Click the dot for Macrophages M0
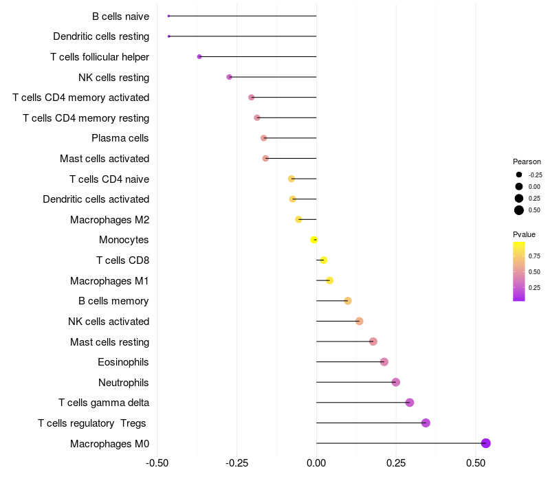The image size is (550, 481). (x=486, y=443)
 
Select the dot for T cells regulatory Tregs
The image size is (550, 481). (x=426, y=423)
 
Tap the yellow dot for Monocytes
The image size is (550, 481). (x=314, y=240)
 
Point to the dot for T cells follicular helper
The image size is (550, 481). (x=199, y=56)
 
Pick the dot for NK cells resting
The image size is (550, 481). (x=230, y=77)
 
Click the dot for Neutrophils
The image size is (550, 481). (x=395, y=382)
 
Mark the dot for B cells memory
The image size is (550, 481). (x=348, y=301)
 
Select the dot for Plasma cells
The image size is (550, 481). (x=263, y=138)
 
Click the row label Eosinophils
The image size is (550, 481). (x=124, y=362)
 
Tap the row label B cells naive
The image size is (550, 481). (x=120, y=16)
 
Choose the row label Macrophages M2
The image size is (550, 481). (x=109, y=220)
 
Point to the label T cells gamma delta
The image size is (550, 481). (x=104, y=403)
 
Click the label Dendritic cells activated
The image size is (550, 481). (x=96, y=199)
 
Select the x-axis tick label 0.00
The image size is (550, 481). (x=316, y=463)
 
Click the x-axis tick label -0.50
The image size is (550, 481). (x=157, y=463)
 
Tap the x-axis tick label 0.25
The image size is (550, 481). (x=395, y=463)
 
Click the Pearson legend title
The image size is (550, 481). (x=527, y=161)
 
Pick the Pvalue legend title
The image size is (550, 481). (x=524, y=234)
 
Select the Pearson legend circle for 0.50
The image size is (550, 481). (x=519, y=210)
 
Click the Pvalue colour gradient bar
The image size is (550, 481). (x=519, y=271)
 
